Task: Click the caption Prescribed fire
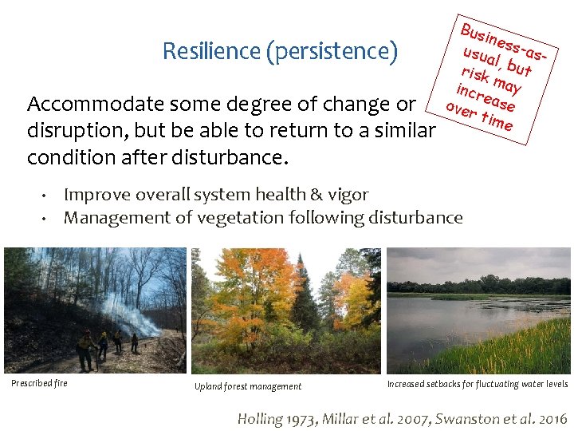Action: [x=39, y=383]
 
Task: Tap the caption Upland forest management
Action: [x=248, y=387]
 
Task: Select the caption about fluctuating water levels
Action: [x=478, y=384]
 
